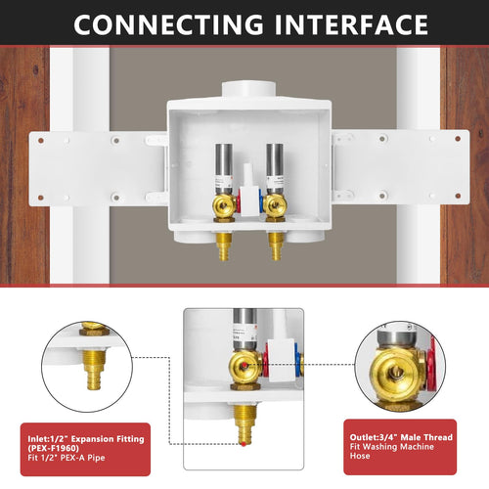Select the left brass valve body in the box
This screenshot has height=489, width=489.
click(223, 205)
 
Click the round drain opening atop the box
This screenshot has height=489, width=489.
click(249, 89)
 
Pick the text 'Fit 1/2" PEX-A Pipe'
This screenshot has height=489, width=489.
click(64, 461)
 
